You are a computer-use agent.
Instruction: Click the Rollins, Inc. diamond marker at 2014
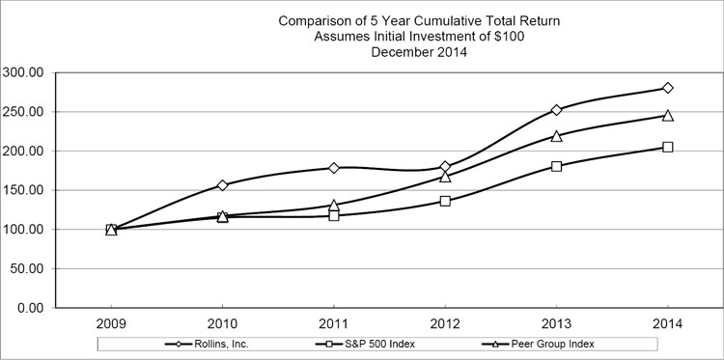(x=667, y=88)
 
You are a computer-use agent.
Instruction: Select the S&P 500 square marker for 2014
(x=667, y=147)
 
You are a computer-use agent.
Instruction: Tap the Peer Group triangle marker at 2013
(x=556, y=136)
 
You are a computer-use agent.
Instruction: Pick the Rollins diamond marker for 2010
(x=223, y=185)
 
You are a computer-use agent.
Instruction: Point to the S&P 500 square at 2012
(x=445, y=201)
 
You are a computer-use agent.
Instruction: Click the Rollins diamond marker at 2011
(x=334, y=168)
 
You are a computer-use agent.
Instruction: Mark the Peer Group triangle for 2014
(x=667, y=116)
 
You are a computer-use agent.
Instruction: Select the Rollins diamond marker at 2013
(x=556, y=110)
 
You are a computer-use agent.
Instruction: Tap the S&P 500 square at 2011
(x=334, y=215)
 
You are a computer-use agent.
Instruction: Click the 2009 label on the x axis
(x=111, y=323)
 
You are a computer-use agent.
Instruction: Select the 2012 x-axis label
(x=445, y=323)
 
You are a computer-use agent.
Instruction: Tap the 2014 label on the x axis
(x=667, y=323)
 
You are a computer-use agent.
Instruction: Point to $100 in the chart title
(x=490, y=37)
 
